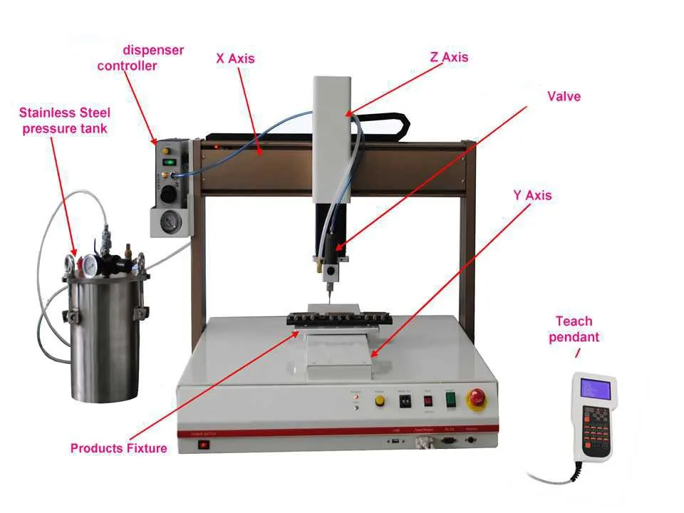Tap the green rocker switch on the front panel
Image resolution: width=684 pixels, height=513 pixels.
point(450,400)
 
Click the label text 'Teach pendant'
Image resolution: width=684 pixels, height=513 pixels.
point(574,328)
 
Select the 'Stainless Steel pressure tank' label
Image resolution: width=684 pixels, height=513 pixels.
point(64,120)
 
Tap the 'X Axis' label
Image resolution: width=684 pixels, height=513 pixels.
point(235,58)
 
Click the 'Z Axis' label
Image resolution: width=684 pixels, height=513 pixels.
point(449,57)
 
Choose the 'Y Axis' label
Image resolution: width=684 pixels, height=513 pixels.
point(532,195)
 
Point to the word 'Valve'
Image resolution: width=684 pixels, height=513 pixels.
point(564,95)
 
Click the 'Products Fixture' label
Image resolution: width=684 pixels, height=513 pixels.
point(118,448)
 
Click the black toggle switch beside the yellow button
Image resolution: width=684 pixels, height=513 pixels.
point(405,401)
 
